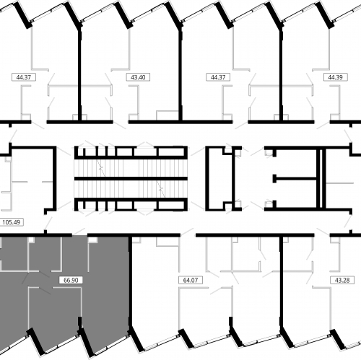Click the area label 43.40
pos(138,77)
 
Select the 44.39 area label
pos(336,77)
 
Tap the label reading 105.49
pos(12,222)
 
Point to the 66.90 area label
pos(71,280)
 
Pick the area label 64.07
pos(191,280)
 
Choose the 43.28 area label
pos(342,280)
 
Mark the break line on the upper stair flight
pos(101,167)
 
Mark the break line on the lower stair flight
pos(161,189)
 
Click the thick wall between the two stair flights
pos(131,178)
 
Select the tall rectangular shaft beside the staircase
pos(219,178)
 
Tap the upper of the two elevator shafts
pos(296,164)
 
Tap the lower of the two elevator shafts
pos(296,194)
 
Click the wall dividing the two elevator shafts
pos(295,179)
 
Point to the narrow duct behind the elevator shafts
pos(321,178)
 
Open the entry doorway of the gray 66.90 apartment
pos(79,234)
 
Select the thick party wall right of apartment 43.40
pos(180,74)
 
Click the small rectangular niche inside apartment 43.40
pos(168,115)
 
